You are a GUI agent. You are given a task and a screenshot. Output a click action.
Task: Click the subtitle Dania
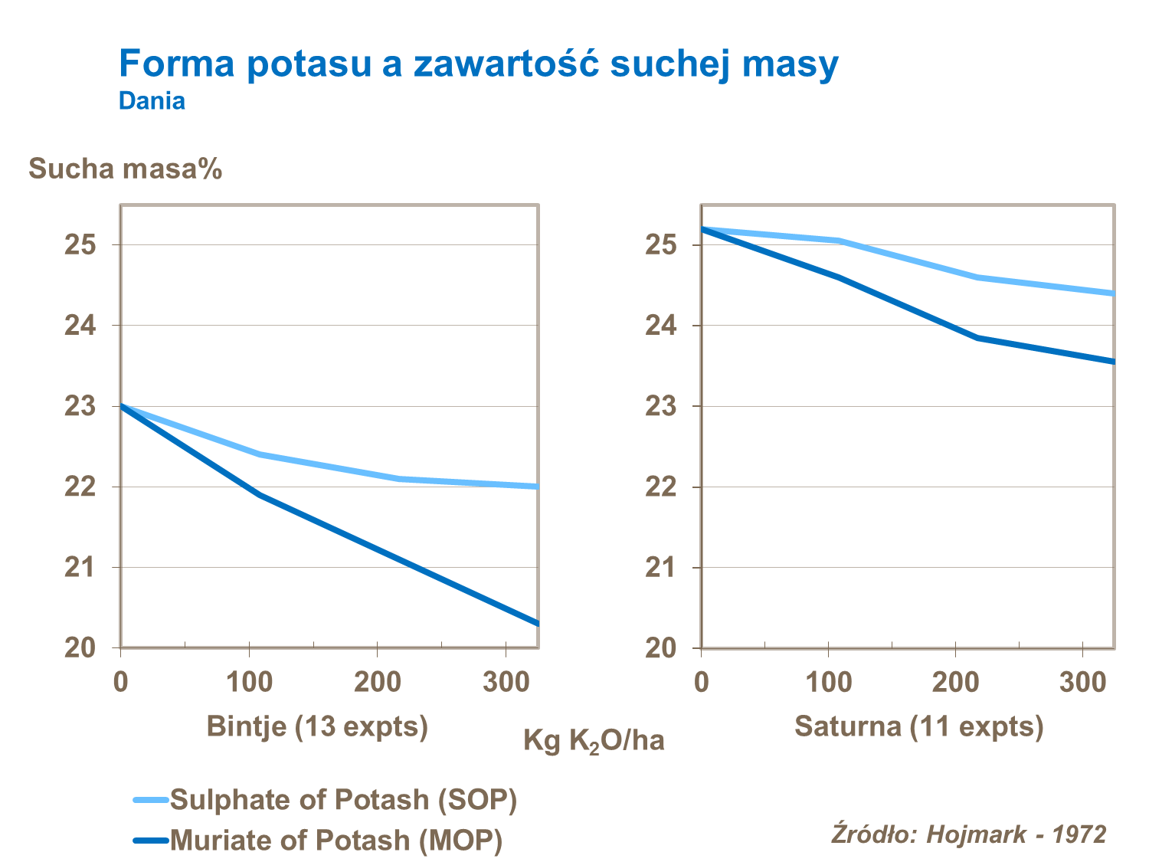click(152, 101)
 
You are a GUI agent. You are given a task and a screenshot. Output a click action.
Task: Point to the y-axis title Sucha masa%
click(125, 169)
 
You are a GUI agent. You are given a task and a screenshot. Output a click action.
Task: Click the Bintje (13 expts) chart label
click(317, 726)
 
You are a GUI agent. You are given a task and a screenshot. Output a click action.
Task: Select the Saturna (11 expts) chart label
click(918, 726)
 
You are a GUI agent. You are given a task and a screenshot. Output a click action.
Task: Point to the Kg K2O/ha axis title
click(594, 741)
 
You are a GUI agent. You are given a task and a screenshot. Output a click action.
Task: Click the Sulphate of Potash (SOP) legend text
click(343, 799)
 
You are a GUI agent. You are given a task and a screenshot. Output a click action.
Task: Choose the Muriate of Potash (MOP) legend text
click(336, 840)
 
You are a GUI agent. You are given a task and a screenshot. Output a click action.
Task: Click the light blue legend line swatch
click(150, 800)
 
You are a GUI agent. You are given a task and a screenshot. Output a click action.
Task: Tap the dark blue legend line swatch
click(150, 841)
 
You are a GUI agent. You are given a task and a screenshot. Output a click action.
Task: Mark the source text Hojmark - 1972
click(1016, 834)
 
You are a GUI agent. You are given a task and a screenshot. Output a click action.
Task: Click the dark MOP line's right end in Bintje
click(537, 623)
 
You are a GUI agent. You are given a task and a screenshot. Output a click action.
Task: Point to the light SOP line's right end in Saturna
click(1112, 293)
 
